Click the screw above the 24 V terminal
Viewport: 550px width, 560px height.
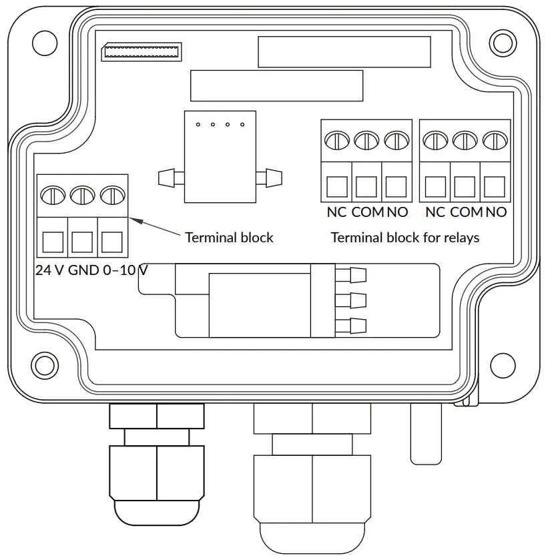coord(52,196)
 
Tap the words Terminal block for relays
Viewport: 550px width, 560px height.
coord(404,238)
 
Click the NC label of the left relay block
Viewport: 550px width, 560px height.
coord(336,213)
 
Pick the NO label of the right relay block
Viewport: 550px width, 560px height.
coord(496,213)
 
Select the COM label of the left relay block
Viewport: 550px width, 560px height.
coord(368,213)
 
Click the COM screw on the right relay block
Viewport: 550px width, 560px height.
coord(465,141)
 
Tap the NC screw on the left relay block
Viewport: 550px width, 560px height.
coord(336,141)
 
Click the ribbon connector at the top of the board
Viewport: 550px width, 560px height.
coord(142,52)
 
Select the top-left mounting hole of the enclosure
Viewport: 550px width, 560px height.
coord(43,41)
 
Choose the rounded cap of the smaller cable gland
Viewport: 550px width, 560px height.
coord(156,511)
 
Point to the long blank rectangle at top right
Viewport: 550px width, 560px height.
coord(344,51)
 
